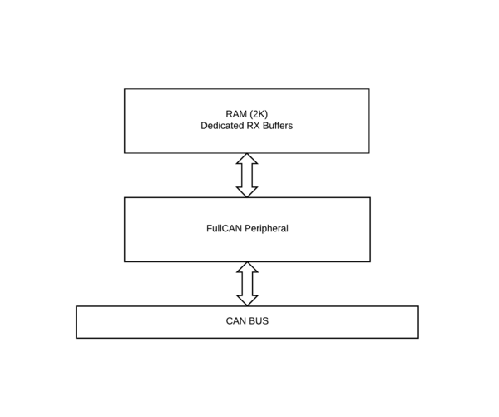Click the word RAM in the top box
click(x=236, y=114)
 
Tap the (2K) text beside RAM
click(x=259, y=114)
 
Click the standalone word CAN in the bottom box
click(x=235, y=320)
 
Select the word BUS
click(x=258, y=320)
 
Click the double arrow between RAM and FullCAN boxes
click(x=247, y=176)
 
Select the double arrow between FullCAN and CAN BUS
click(x=247, y=284)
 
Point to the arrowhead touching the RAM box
click(x=247, y=159)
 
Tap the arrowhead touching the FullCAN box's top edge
click(x=247, y=192)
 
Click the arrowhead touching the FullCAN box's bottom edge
click(x=247, y=267)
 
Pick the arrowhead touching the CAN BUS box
click(x=247, y=300)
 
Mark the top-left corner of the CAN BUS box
click(x=77, y=306)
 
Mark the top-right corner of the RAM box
click(x=369, y=89)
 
